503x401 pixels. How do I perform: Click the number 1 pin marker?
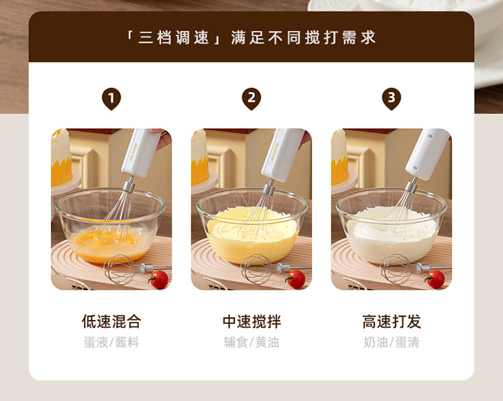coord(111,99)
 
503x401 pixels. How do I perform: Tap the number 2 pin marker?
coord(251,99)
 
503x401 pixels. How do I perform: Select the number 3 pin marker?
coord(392,99)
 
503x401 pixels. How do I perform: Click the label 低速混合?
coord(111,321)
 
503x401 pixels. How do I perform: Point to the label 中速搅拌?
coord(251,321)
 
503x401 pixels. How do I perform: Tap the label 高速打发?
coord(392,321)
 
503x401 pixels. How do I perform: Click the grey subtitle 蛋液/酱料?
coord(111,342)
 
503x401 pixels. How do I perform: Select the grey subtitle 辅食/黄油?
coord(251,342)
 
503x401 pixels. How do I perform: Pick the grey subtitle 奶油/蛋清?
coord(392,342)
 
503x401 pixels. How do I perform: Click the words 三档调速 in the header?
coord(173,38)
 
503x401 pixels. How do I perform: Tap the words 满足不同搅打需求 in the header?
coord(303,38)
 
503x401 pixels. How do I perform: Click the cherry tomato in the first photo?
coord(159,280)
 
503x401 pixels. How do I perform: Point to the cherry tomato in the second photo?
coord(296,279)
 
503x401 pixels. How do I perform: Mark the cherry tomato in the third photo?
coord(435,279)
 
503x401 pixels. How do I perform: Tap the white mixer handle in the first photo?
coord(141,153)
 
